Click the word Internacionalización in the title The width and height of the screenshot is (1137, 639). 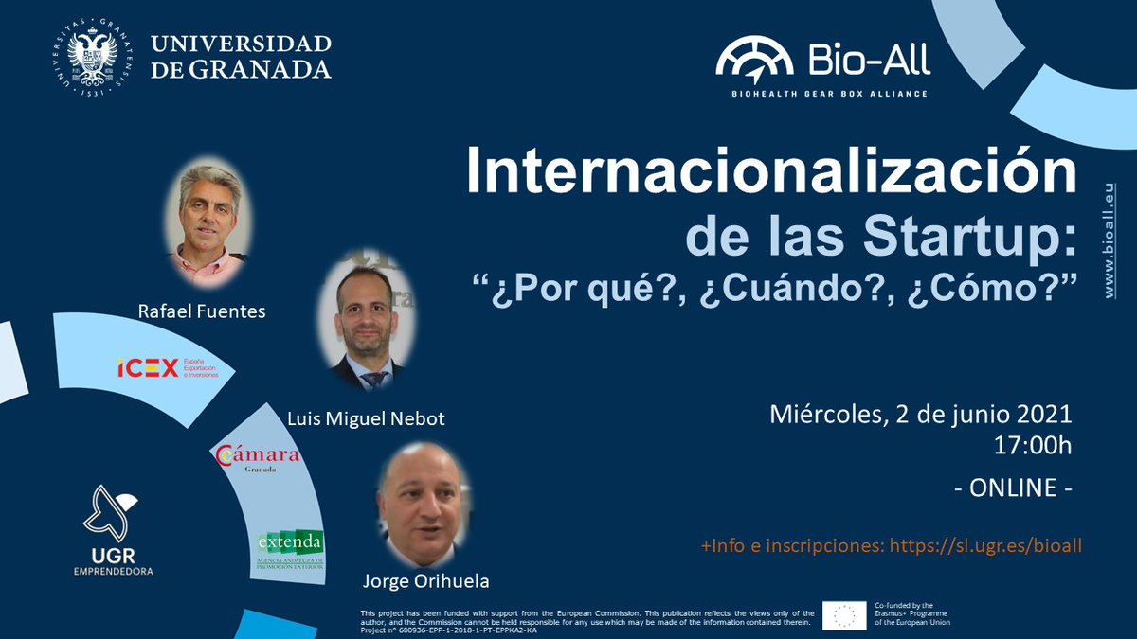pyautogui.click(x=770, y=174)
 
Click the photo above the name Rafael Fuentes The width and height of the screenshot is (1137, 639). pyautogui.click(x=208, y=214)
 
